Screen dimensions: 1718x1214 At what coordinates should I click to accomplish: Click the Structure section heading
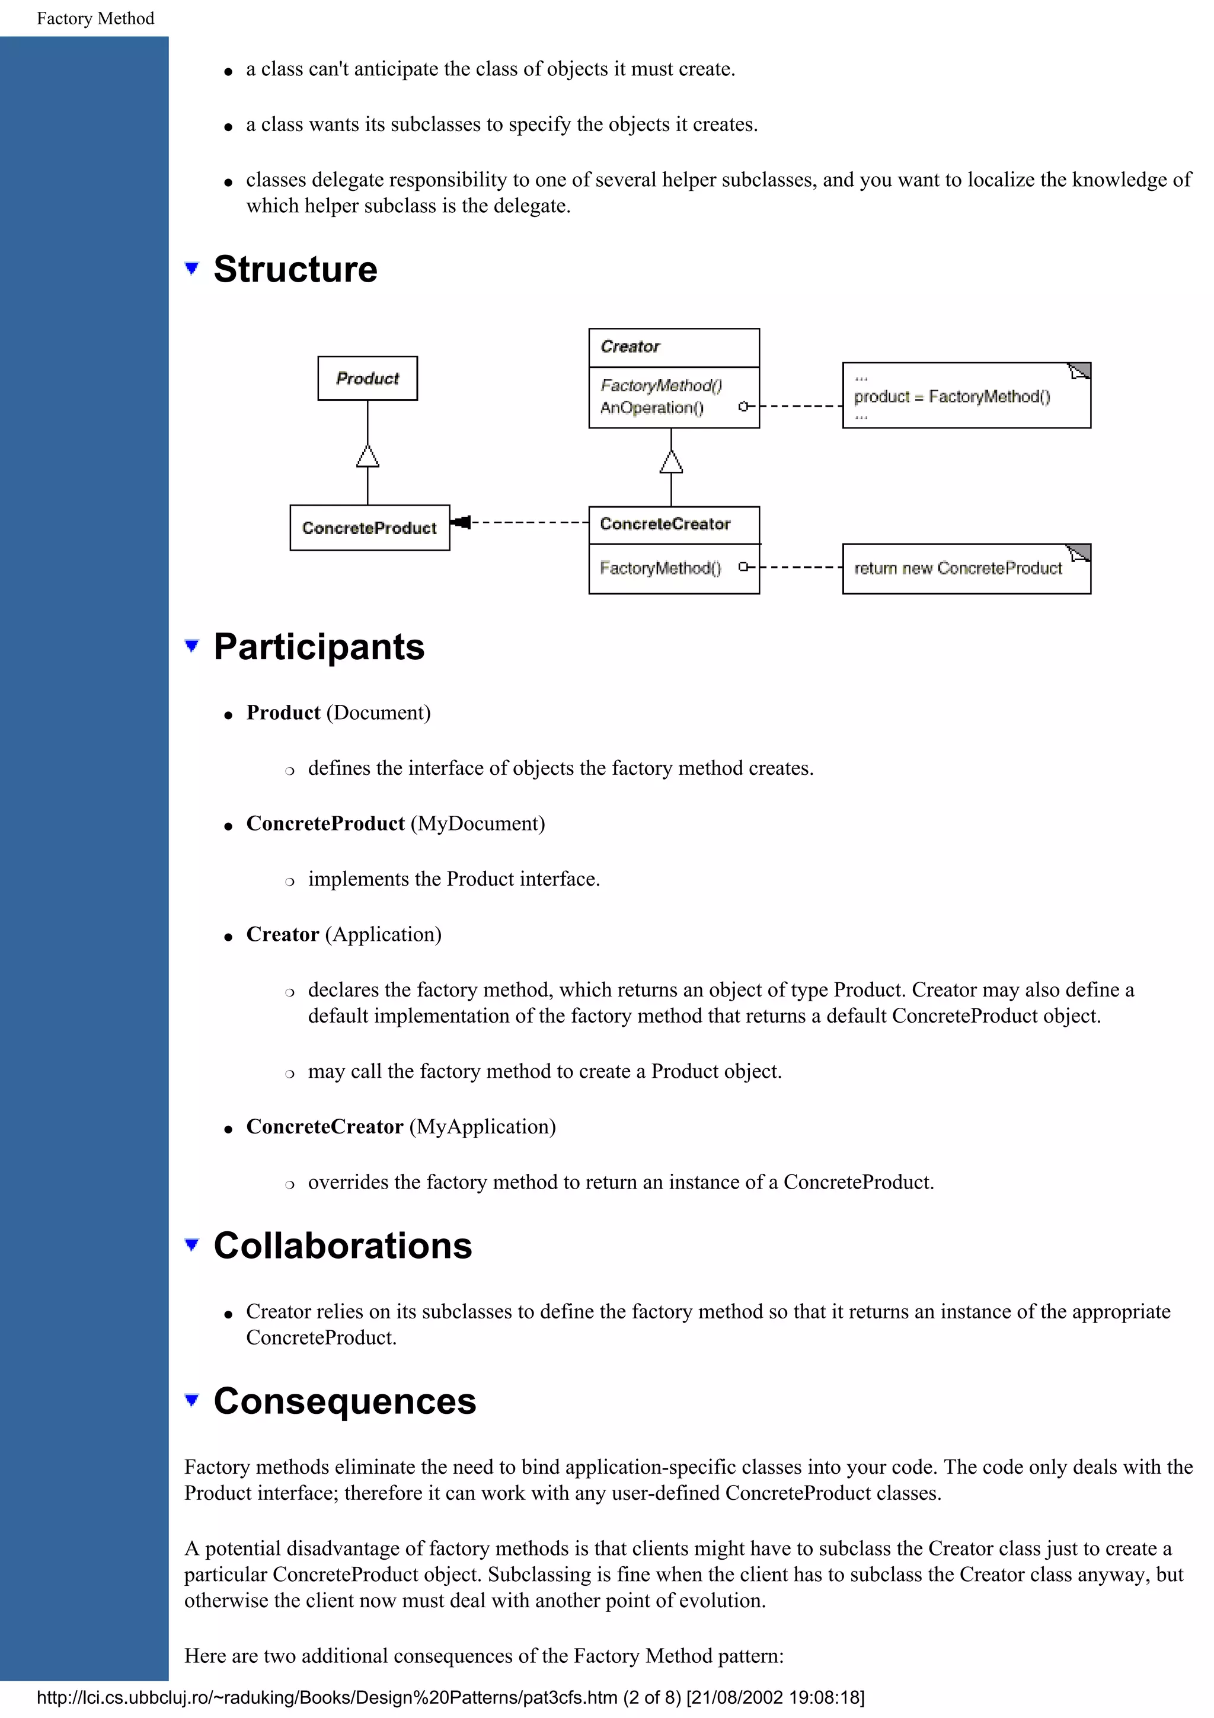click(x=295, y=269)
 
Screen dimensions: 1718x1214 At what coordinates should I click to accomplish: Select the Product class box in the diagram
click(x=368, y=379)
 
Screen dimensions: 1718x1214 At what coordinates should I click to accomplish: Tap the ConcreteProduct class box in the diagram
click(x=369, y=528)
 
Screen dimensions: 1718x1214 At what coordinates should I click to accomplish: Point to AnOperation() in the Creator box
click(x=651, y=408)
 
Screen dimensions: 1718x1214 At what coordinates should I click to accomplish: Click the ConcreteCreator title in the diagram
click(x=665, y=525)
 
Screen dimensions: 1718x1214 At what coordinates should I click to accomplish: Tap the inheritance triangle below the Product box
click(x=368, y=456)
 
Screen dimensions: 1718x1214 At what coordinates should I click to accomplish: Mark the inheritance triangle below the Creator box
click(x=671, y=462)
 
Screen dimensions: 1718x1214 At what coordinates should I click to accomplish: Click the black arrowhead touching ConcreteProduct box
click(x=462, y=522)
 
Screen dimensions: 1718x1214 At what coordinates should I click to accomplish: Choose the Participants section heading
click(x=319, y=647)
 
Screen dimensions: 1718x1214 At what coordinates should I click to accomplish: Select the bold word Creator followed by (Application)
click(x=283, y=934)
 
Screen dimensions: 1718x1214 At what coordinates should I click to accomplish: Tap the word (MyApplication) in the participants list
click(x=483, y=1127)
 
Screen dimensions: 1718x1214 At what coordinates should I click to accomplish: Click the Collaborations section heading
click(x=343, y=1246)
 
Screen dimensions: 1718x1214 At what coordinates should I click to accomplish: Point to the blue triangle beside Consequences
click(x=192, y=1400)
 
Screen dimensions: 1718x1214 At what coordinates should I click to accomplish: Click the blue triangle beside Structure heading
click(x=192, y=268)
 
